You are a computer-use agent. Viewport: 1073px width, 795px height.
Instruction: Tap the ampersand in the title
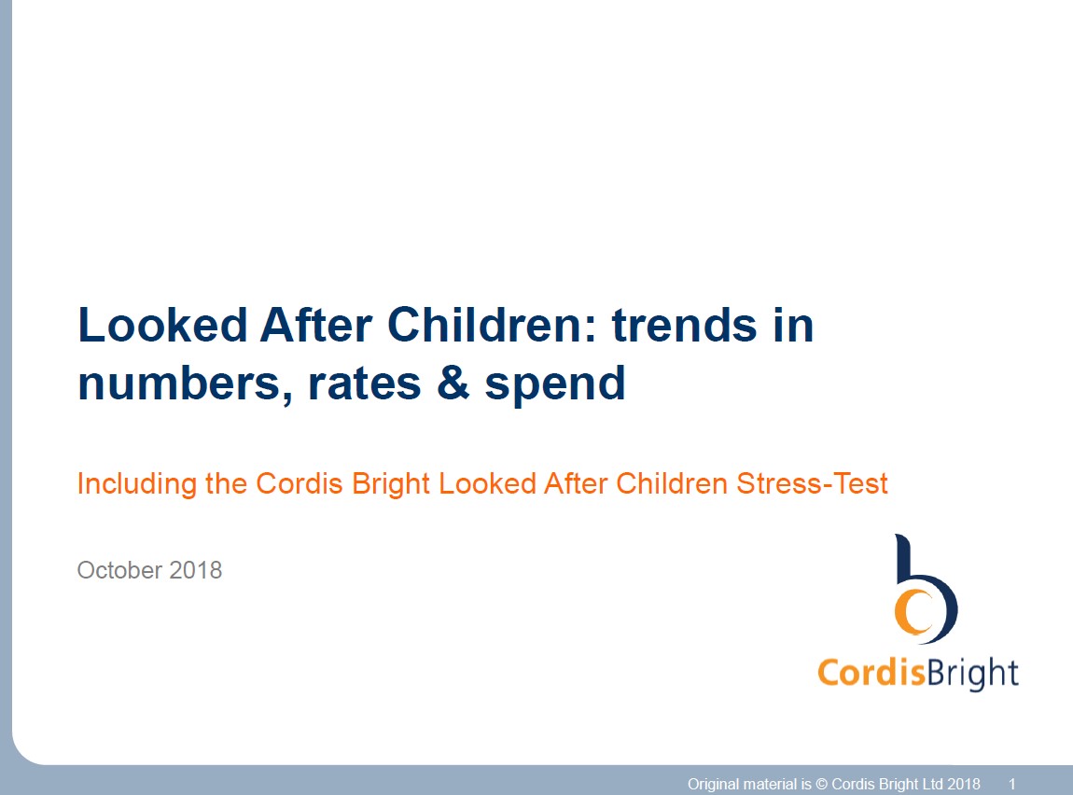point(452,384)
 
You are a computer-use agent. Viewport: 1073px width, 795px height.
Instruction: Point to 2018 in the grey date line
point(196,570)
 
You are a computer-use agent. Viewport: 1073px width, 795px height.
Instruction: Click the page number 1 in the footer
point(1012,784)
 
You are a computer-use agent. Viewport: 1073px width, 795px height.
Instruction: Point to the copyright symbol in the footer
point(821,784)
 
